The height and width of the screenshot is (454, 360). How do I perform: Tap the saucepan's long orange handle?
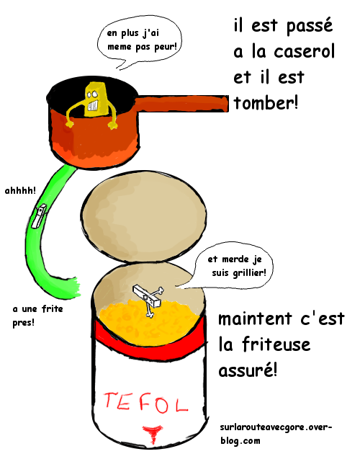tap(181, 104)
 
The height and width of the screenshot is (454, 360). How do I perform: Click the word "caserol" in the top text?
tap(304, 52)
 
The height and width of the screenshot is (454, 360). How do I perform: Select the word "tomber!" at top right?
tap(266, 103)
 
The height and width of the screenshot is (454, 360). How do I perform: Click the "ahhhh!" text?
tap(20, 190)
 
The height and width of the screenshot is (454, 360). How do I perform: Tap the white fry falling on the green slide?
tap(39, 216)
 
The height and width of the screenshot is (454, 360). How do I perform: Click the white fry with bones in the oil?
tap(148, 298)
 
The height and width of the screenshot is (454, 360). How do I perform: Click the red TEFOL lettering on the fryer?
tap(146, 402)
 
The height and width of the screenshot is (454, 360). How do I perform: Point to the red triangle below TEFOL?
tap(152, 433)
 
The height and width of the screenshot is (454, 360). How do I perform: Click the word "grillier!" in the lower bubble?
tap(249, 272)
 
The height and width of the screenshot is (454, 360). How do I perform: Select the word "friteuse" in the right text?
tap(276, 344)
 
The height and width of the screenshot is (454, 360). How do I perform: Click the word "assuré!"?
tap(248, 370)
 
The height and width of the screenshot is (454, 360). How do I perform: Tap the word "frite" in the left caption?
tap(53, 308)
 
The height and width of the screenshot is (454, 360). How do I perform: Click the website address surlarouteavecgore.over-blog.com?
tap(276, 433)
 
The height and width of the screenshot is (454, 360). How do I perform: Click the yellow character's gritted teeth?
tap(93, 105)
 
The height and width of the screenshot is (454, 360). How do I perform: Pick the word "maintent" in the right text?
tap(255, 319)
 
